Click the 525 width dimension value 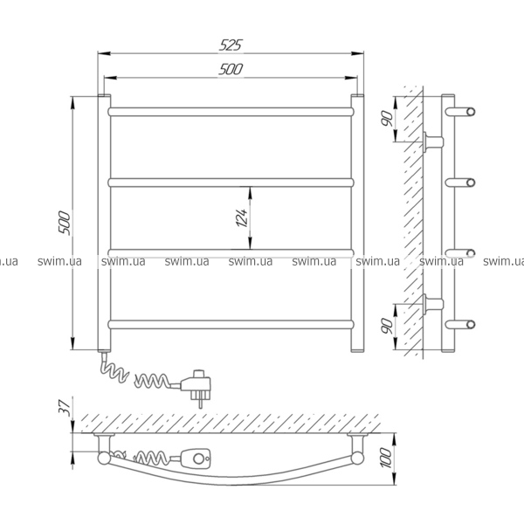click(x=231, y=45)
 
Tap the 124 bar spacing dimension click(x=242, y=217)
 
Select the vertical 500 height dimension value click(x=64, y=223)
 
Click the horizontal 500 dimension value click(x=231, y=69)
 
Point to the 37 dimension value click(x=65, y=407)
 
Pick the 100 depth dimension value click(x=386, y=458)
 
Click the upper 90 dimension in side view click(x=387, y=118)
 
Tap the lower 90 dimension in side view click(x=387, y=326)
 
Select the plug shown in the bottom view click(x=196, y=458)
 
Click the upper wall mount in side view click(x=433, y=142)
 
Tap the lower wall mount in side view click(x=433, y=304)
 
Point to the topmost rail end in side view click(x=460, y=112)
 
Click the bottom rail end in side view click(x=460, y=324)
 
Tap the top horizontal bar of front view click(x=231, y=112)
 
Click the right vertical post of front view click(x=357, y=224)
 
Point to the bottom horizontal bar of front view click(x=231, y=325)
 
